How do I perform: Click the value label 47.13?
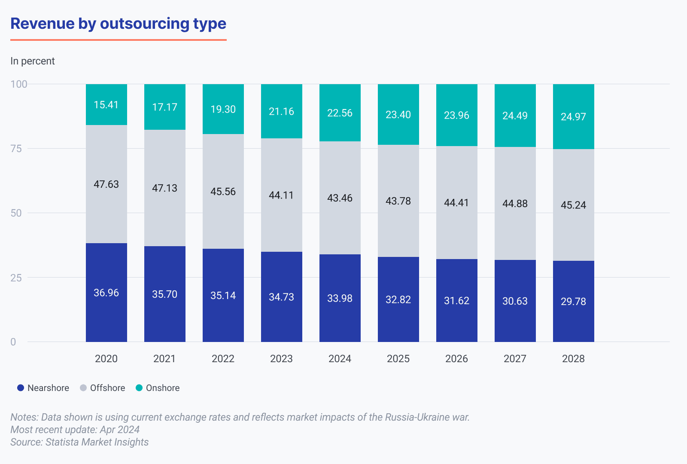[x=164, y=188]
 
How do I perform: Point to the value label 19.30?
[x=223, y=110]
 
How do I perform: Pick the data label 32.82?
[x=398, y=300]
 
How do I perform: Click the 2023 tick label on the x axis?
[x=281, y=359]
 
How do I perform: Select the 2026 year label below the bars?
[x=456, y=359]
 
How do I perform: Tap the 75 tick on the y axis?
[x=16, y=149]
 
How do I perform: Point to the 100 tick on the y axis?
[x=19, y=84]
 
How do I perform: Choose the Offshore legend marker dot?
[x=83, y=388]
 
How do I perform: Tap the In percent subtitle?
[x=33, y=61]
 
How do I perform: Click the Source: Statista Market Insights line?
[x=79, y=442]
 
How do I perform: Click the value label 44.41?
[x=456, y=203]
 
